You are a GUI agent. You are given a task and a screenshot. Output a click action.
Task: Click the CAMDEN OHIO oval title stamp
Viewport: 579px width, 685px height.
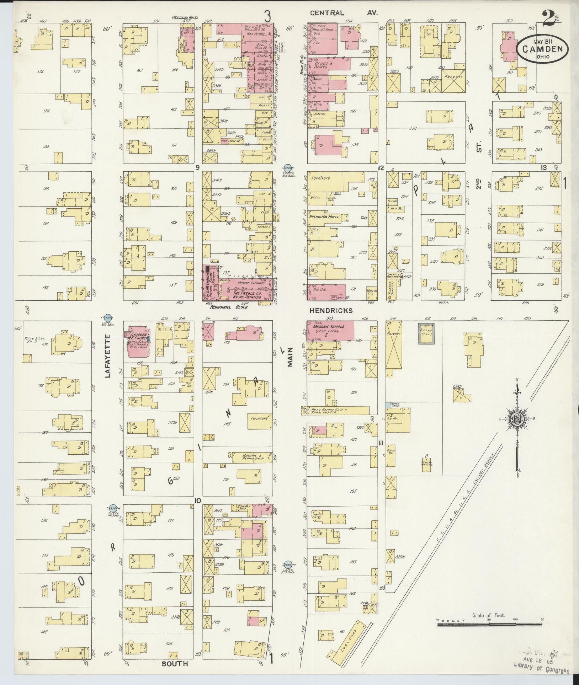[543, 49]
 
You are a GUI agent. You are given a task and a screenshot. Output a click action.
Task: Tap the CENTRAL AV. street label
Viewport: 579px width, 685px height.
[343, 13]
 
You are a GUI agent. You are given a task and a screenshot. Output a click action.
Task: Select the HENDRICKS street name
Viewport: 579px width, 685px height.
[331, 311]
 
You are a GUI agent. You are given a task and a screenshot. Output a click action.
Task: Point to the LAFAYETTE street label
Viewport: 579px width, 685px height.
[108, 355]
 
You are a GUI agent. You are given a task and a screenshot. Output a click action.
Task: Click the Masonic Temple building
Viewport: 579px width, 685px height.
[331, 330]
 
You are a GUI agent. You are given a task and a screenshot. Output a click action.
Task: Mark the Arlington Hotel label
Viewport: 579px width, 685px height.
[324, 216]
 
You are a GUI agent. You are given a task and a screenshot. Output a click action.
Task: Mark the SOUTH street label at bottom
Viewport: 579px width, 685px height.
[174, 664]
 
